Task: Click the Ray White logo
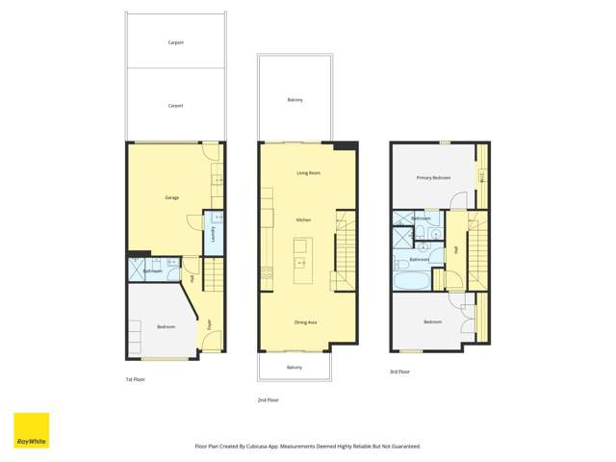pyautogui.click(x=31, y=430)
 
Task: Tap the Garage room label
pyautogui.click(x=172, y=197)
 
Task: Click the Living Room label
pyautogui.click(x=308, y=172)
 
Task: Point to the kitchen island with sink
pyautogui.click(x=300, y=261)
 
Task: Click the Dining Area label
pyautogui.click(x=306, y=321)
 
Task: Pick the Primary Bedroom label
pyautogui.click(x=433, y=178)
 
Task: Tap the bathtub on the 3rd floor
pyautogui.click(x=410, y=283)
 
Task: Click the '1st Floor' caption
pyautogui.click(x=136, y=379)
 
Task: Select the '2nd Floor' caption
pyautogui.click(x=268, y=399)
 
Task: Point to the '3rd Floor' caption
pyautogui.click(x=399, y=372)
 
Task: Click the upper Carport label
pyautogui.click(x=175, y=42)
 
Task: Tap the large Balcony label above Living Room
pyautogui.click(x=295, y=100)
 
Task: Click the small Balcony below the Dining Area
pyautogui.click(x=295, y=368)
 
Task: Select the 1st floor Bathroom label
pyautogui.click(x=152, y=271)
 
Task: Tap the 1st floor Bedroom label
pyautogui.click(x=166, y=327)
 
